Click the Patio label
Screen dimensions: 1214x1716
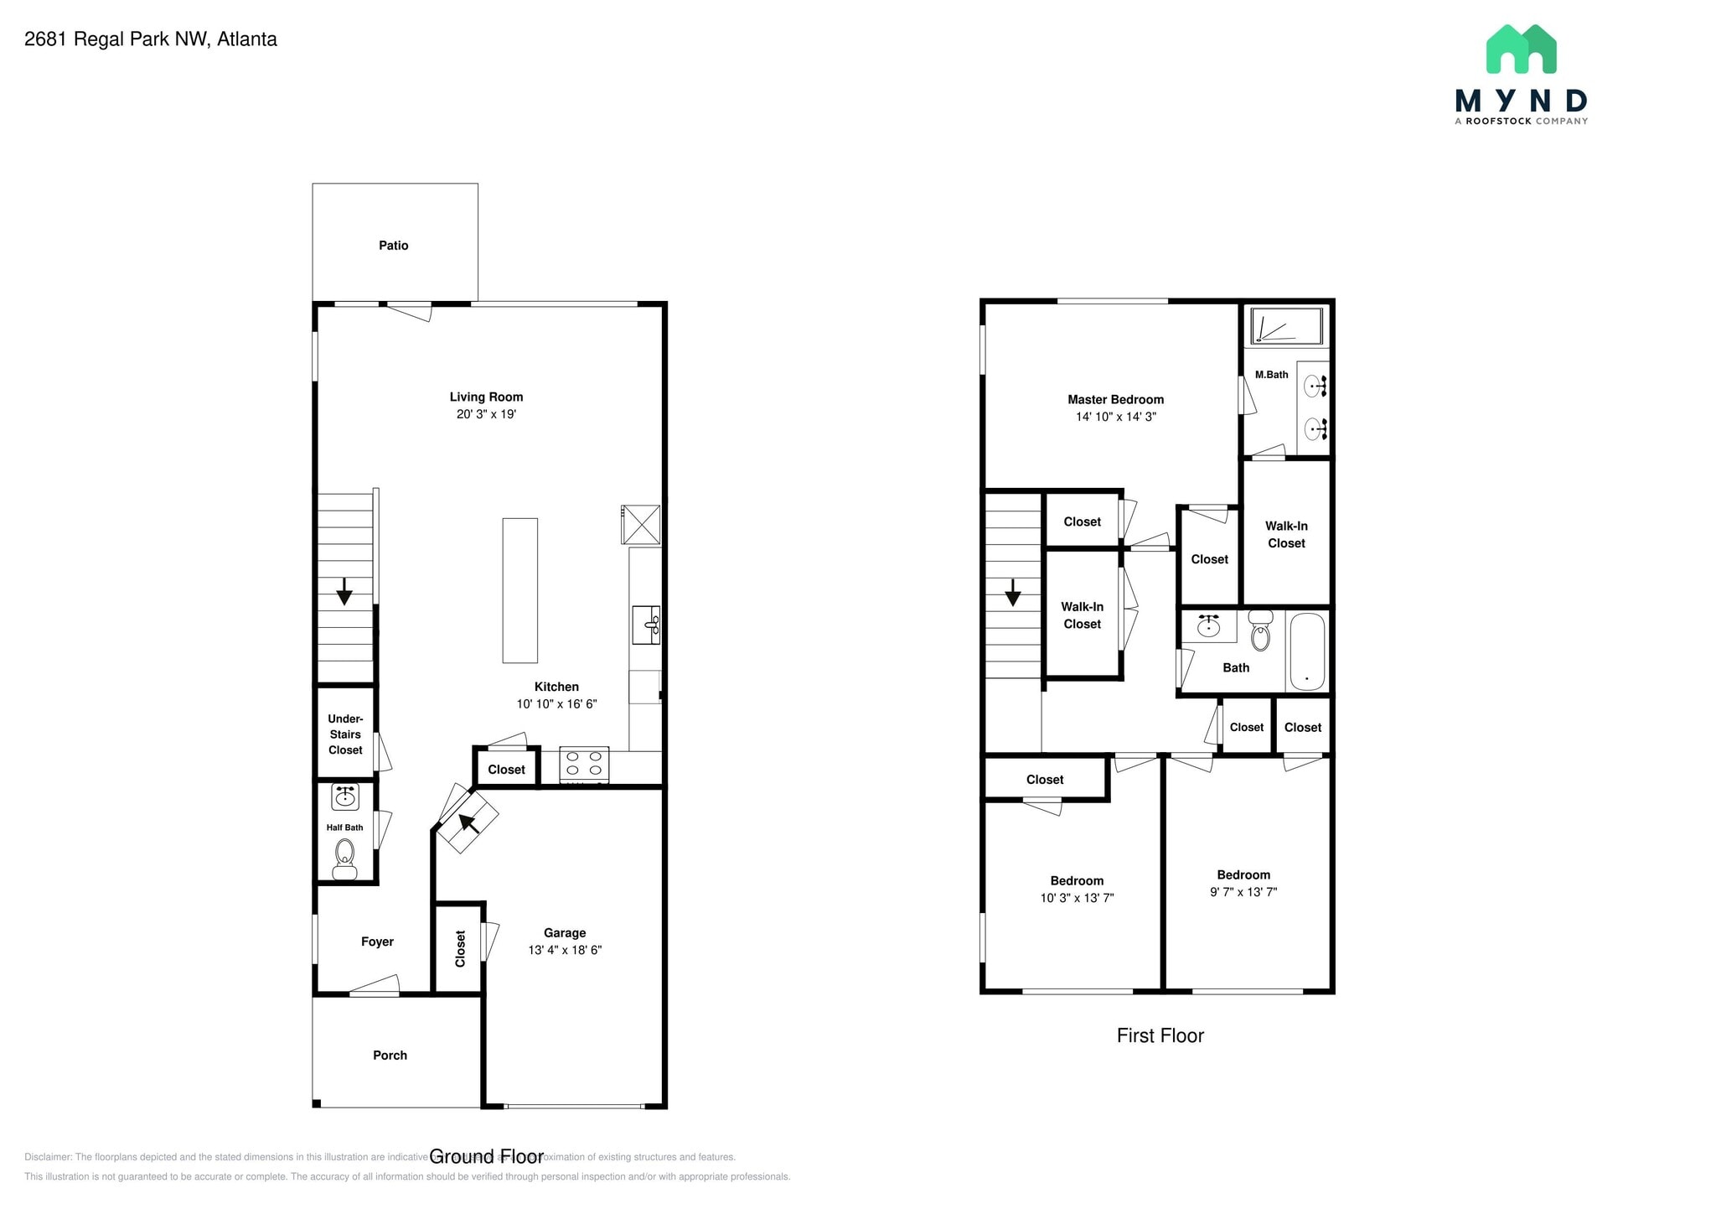[393, 246]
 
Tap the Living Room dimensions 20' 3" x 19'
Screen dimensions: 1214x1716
[486, 414]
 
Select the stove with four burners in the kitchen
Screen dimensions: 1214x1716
[584, 764]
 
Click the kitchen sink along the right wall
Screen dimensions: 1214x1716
[646, 625]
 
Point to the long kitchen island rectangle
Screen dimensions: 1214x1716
[519, 590]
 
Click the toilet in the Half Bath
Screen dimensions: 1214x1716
[344, 858]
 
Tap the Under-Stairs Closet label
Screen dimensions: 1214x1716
[345, 734]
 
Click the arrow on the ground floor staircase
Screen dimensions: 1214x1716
[344, 592]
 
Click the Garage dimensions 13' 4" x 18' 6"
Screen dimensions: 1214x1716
[565, 950]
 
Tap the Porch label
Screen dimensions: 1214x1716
[390, 1056]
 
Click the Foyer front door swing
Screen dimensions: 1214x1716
[375, 986]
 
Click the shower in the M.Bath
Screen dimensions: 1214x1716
[1286, 326]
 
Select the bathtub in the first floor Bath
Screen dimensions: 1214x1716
[1307, 651]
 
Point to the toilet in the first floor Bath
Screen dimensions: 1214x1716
[1260, 631]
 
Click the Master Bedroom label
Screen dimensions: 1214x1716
[1115, 400]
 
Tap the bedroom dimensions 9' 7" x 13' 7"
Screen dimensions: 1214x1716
[1243, 892]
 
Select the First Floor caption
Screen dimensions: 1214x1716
[1160, 1035]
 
